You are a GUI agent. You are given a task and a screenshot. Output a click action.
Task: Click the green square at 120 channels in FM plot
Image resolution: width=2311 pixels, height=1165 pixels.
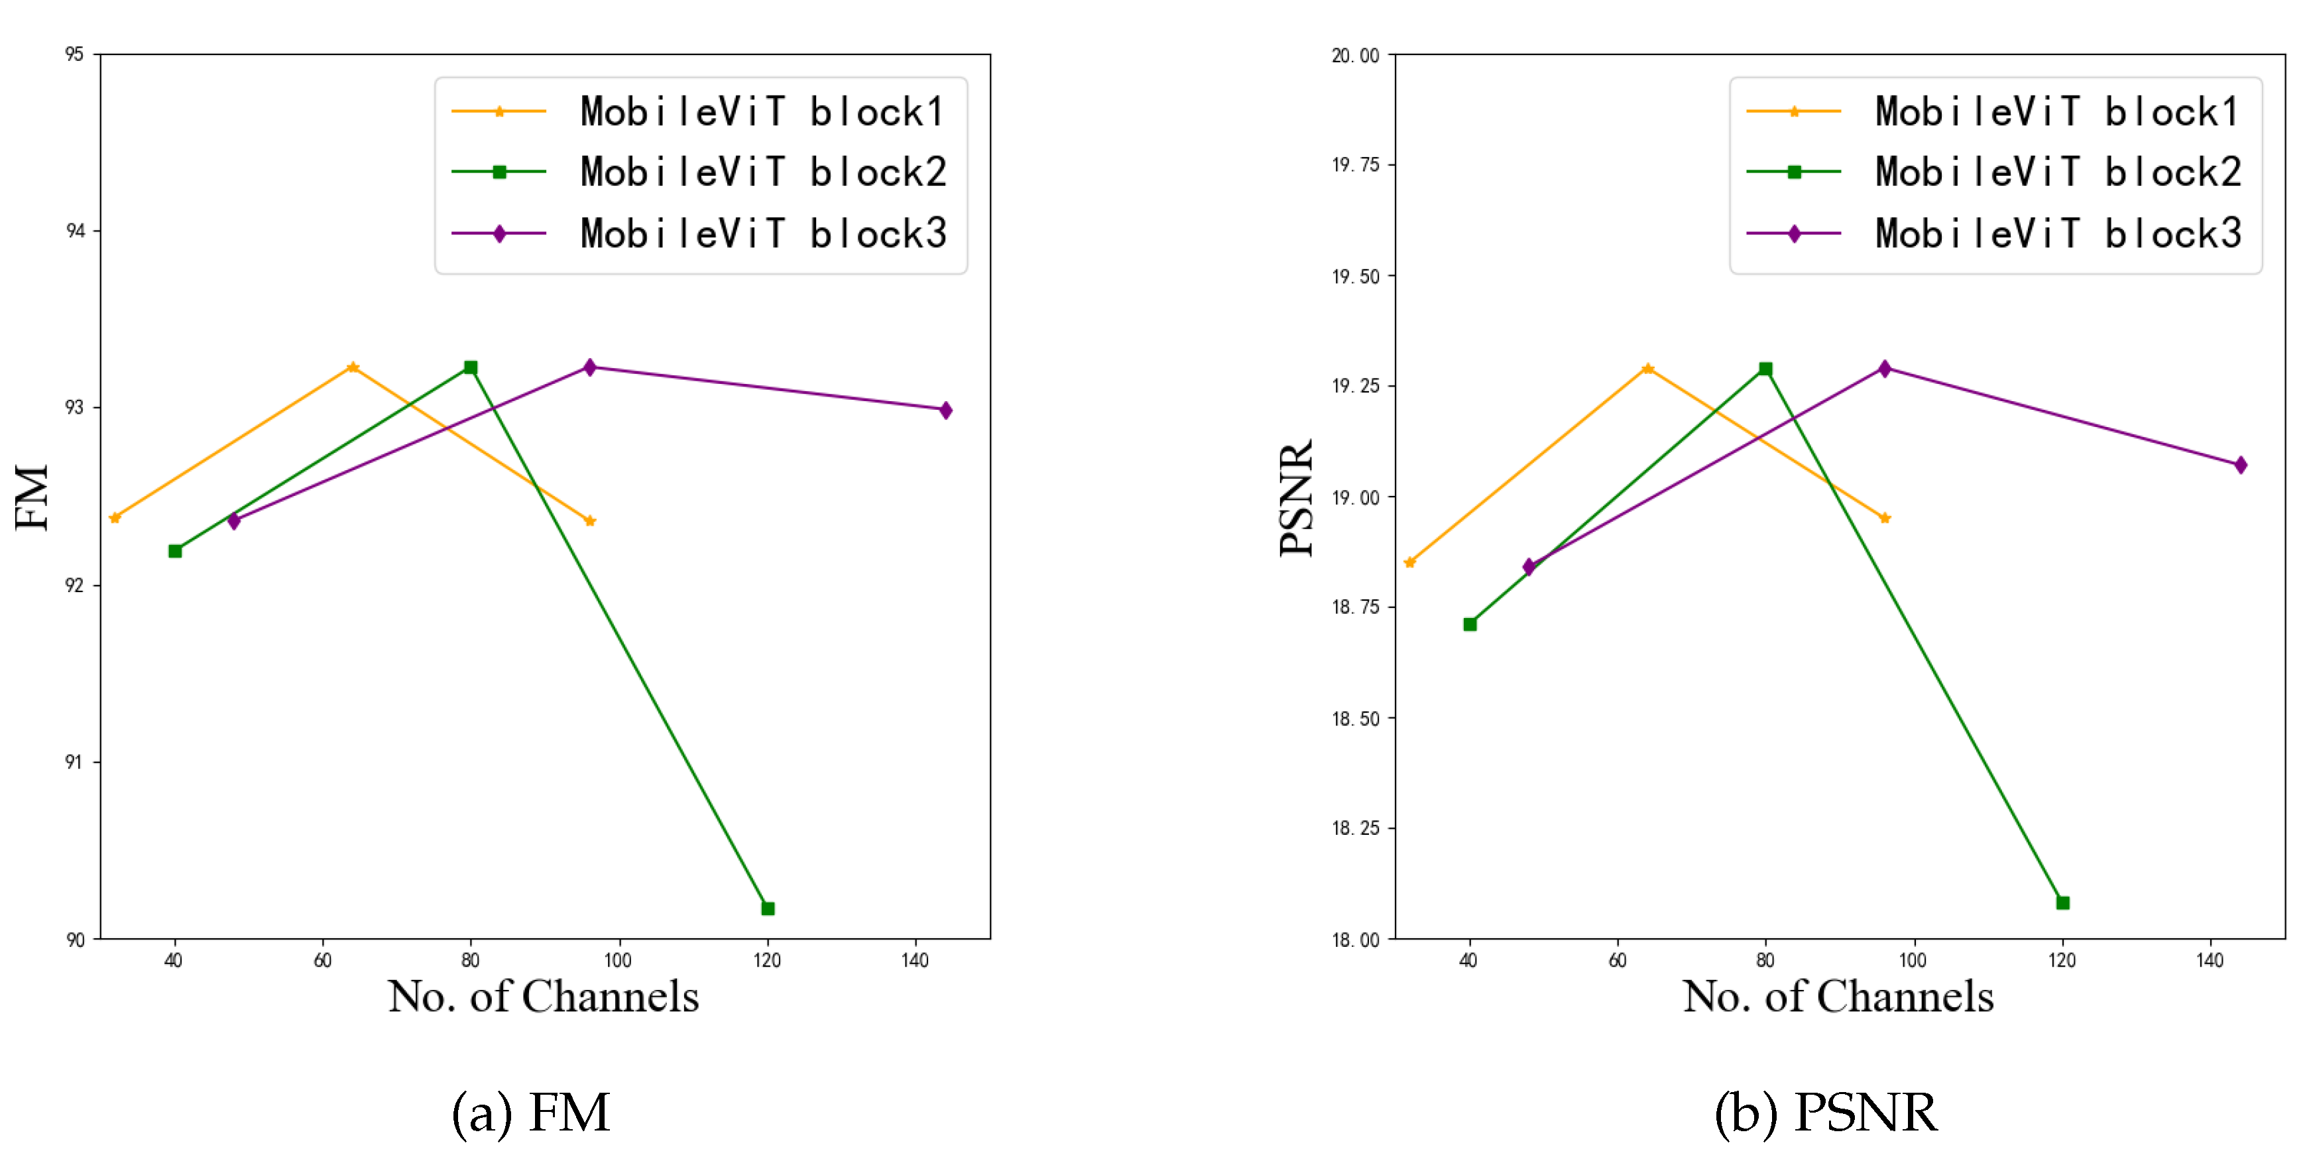point(767,908)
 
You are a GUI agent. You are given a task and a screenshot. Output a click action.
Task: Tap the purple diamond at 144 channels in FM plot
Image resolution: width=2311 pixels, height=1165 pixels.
point(945,410)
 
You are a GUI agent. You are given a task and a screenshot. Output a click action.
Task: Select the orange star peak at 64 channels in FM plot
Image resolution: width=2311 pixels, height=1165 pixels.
point(353,367)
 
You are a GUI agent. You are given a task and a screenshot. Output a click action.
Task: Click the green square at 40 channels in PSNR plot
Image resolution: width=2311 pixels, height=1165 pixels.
point(1470,624)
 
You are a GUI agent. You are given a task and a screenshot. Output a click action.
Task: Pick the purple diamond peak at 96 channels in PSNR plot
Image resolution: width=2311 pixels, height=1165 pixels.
point(1884,368)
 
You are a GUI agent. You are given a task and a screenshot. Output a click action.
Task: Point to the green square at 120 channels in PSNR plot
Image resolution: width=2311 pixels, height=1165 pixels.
point(2062,902)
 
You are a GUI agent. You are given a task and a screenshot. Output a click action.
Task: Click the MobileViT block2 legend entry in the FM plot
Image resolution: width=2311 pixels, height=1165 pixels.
point(762,172)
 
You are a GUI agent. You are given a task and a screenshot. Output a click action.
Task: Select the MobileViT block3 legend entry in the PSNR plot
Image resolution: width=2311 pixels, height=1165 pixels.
point(2057,233)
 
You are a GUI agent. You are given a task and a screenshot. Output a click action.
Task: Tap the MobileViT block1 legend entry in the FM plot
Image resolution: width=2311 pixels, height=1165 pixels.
point(762,111)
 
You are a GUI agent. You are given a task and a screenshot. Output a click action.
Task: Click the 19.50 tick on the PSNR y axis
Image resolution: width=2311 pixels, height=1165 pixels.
point(1356,276)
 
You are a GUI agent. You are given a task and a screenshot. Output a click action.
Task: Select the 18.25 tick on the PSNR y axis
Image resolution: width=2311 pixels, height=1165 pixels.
point(1356,828)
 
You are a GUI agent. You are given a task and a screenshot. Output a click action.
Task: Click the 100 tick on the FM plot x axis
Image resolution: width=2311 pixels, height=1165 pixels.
point(617,960)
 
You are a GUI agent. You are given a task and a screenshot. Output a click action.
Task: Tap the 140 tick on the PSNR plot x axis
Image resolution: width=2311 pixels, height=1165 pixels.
point(2210,960)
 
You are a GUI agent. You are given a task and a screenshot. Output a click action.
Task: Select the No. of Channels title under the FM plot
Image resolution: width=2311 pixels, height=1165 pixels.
point(543,997)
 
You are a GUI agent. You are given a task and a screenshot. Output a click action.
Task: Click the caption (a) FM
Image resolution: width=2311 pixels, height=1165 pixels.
point(530,1113)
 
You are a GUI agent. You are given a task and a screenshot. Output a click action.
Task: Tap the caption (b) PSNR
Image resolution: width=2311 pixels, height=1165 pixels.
point(1826,1113)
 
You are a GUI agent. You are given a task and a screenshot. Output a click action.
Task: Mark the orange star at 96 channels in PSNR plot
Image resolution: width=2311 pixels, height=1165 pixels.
point(1884,518)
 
